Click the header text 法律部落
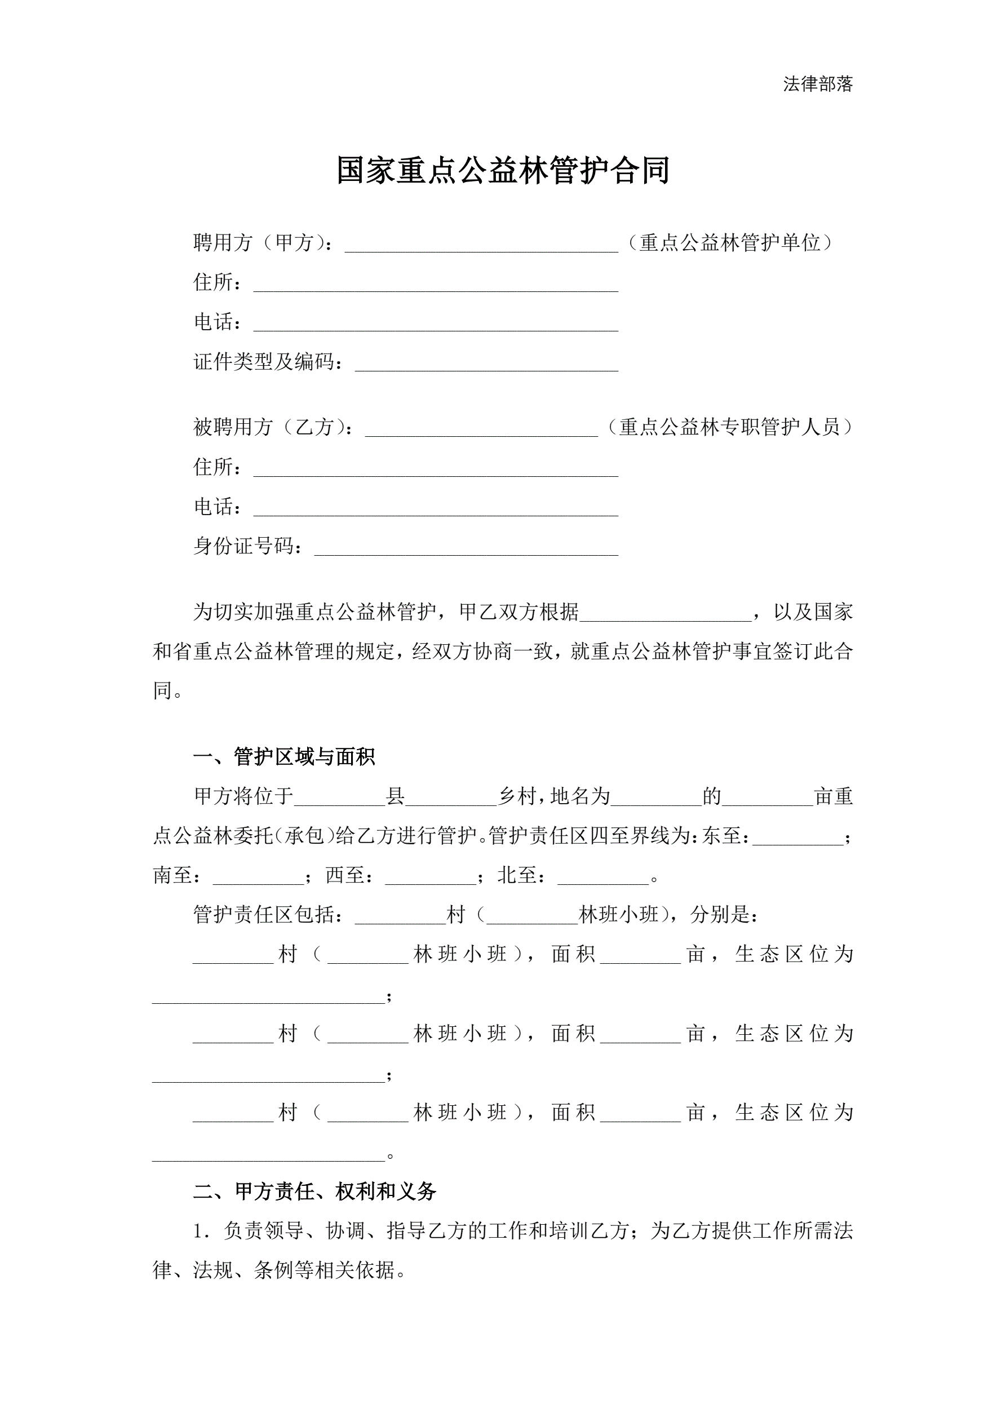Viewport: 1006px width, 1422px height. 818,84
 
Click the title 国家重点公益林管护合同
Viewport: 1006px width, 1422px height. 502,171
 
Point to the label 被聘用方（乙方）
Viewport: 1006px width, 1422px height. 273,427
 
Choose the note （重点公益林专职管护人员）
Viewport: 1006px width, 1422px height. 729,427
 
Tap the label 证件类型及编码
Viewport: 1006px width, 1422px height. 267,362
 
